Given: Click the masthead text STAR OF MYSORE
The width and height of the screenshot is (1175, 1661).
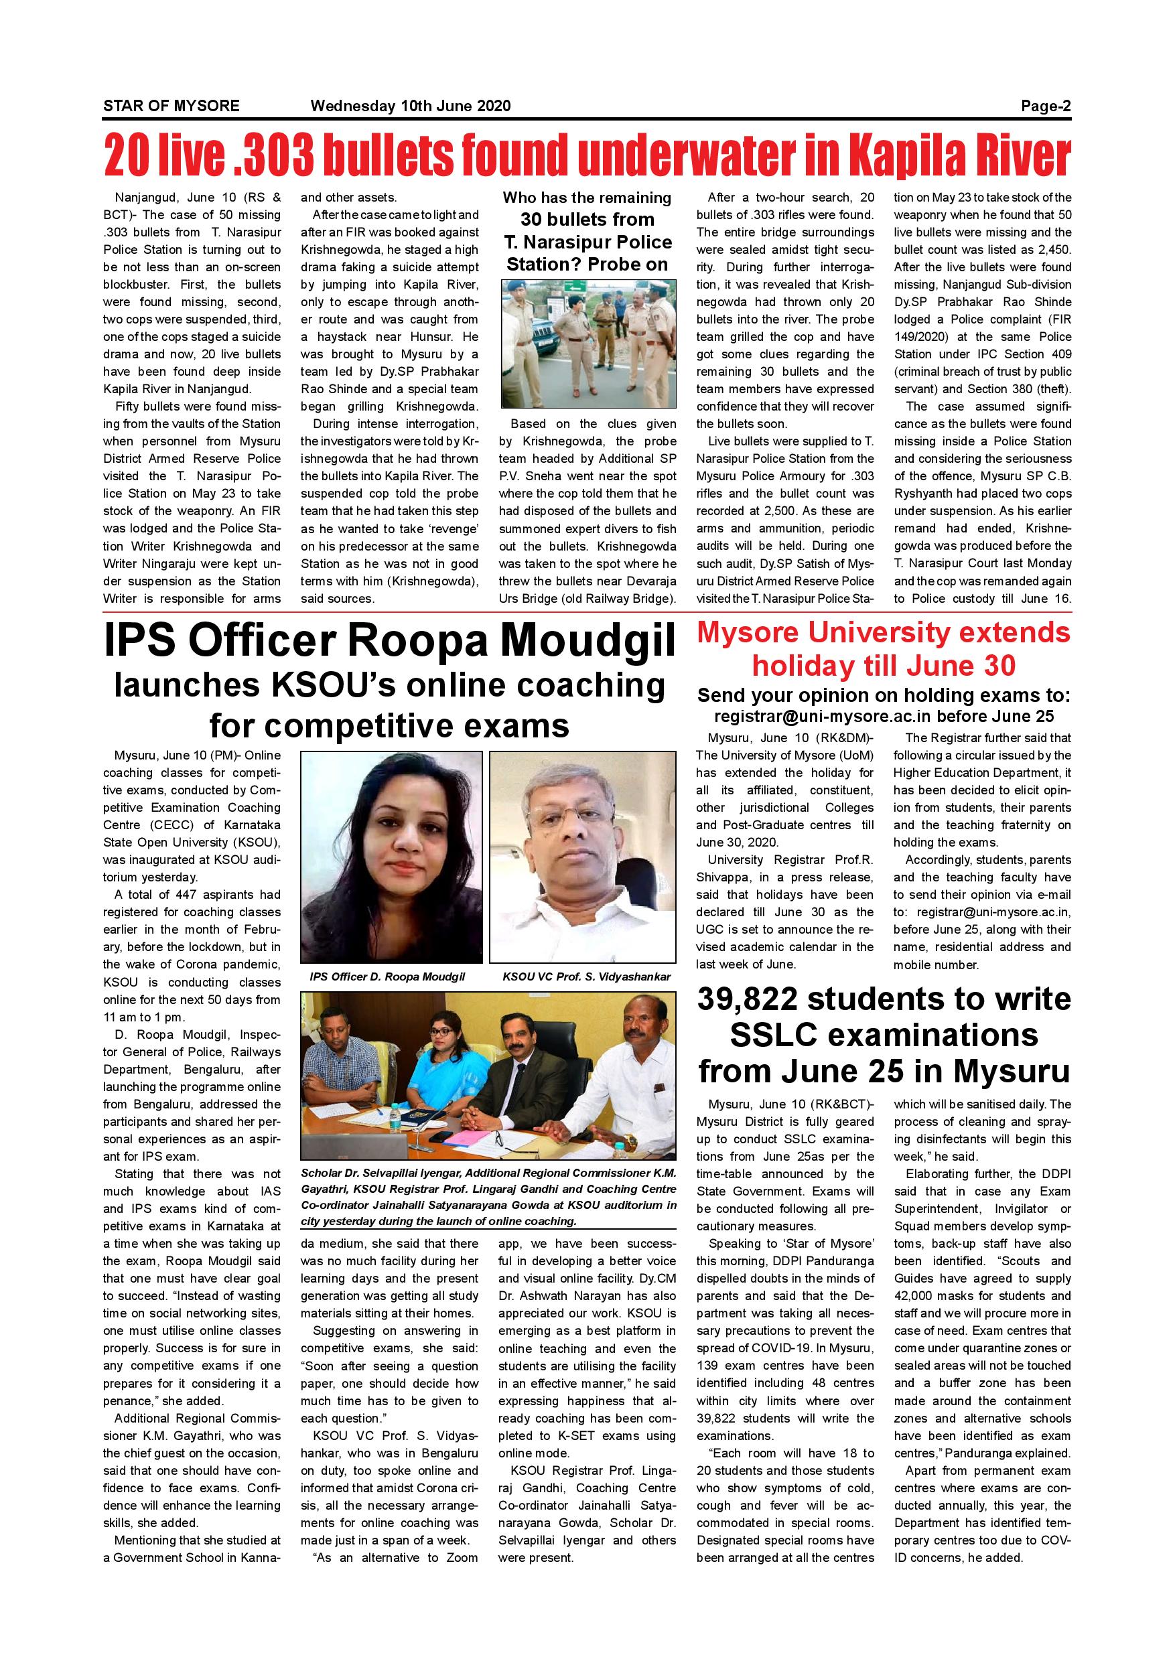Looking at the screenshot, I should [171, 106].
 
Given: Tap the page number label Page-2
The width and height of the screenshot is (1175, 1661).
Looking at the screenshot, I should [1046, 106].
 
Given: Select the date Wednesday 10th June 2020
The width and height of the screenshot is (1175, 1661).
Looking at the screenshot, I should [410, 106].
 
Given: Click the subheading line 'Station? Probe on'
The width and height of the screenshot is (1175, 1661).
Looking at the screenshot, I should [587, 265].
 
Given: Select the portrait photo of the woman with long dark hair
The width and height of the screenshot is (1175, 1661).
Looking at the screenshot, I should [391, 857].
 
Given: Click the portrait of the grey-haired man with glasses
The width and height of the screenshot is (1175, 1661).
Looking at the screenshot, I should [582, 857].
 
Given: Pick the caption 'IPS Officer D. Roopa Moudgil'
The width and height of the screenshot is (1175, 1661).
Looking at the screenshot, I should [387, 977].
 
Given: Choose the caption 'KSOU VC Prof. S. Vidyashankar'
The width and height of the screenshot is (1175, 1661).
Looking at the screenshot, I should [586, 977].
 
